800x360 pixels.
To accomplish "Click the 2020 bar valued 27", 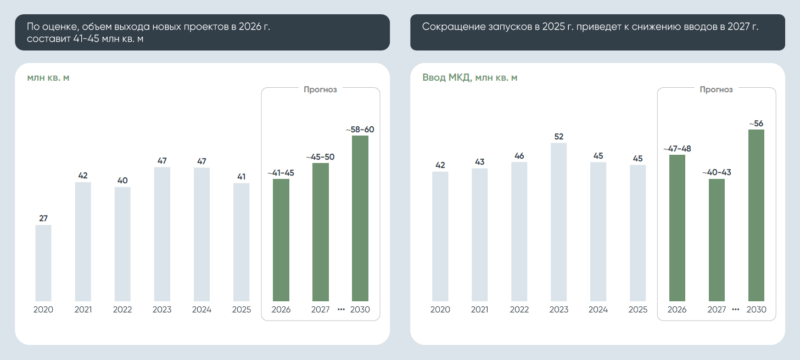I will point(43,263).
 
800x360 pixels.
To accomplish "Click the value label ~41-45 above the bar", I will point(281,173).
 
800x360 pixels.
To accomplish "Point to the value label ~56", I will point(756,123).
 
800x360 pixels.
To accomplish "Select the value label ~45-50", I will point(321,157).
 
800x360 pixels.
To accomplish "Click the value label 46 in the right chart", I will point(519,156).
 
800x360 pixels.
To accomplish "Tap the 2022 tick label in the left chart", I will point(122,310).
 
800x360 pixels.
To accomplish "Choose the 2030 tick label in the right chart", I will point(756,310).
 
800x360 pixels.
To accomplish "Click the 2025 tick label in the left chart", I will point(242,310).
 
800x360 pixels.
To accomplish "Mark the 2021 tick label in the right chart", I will point(479,310).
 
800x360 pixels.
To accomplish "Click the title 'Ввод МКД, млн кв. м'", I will point(469,77).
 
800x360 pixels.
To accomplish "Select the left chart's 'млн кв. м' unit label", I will point(48,77).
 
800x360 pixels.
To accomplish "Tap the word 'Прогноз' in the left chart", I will point(320,89).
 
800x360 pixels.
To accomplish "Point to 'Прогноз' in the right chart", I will point(716,89).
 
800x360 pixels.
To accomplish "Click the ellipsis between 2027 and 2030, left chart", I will point(341,310).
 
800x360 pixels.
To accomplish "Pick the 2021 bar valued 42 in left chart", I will point(83,241).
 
